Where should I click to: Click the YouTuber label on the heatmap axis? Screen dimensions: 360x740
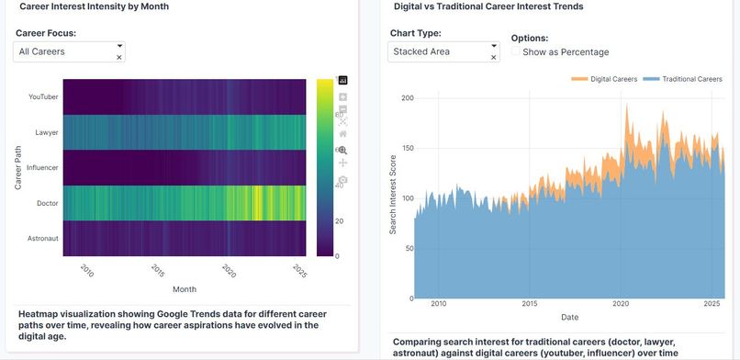[44, 96]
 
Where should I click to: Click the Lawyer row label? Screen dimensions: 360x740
[47, 132]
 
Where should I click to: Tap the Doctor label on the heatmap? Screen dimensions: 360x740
[48, 203]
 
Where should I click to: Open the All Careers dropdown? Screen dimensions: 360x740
[69, 52]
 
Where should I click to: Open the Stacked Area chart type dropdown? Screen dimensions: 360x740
[443, 52]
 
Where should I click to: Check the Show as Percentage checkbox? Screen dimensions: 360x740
[516, 52]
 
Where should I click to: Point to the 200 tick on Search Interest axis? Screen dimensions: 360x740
[408, 98]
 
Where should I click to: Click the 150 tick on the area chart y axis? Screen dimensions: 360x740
[408, 148]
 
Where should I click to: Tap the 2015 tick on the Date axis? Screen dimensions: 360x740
[531, 304]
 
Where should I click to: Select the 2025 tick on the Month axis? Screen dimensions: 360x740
[299, 271]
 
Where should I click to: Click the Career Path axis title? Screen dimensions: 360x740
[17, 166]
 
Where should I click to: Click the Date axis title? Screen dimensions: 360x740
[569, 317]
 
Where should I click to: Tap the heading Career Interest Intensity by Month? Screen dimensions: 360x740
[94, 6]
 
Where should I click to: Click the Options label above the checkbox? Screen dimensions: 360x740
[529, 39]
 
